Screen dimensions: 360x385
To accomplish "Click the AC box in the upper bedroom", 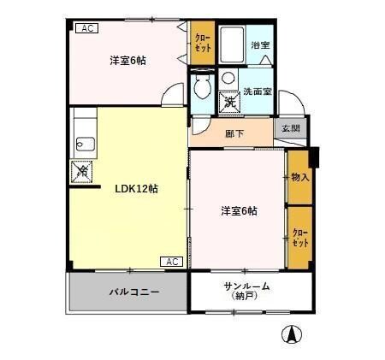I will [86, 28].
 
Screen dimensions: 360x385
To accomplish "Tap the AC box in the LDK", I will [170, 261].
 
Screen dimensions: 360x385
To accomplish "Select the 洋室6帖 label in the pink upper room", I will [127, 61].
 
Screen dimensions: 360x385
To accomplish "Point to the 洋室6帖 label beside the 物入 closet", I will [239, 210].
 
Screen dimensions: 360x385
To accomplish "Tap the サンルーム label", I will [246, 286].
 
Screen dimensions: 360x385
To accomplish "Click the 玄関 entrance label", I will [290, 129].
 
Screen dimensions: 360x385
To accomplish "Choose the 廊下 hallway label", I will [234, 133].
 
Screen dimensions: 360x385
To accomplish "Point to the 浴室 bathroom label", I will [260, 45].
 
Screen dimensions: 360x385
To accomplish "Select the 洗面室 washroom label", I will [257, 91].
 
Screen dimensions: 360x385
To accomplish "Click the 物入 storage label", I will [299, 177].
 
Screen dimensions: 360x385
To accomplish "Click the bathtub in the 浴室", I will [233, 44].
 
